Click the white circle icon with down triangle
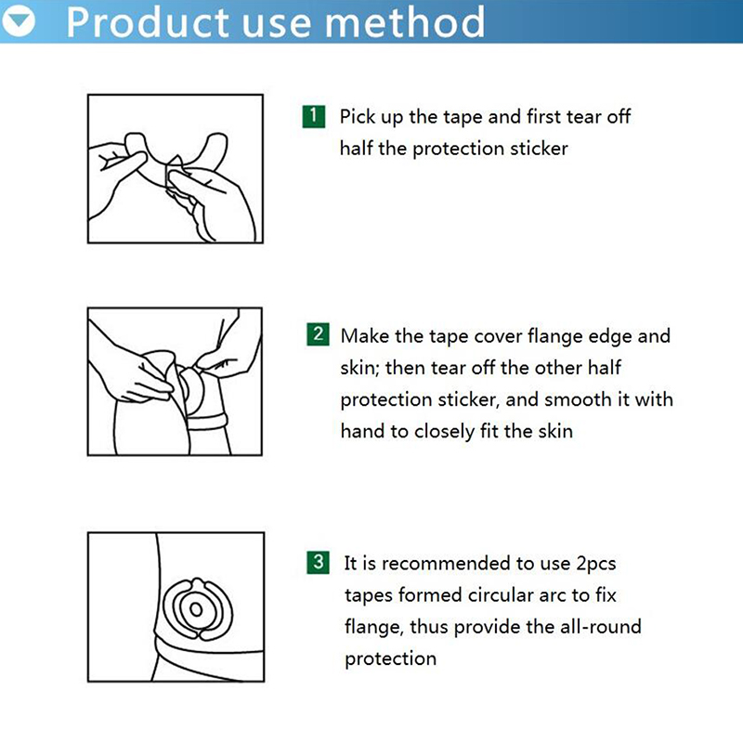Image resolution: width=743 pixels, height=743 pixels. point(19,20)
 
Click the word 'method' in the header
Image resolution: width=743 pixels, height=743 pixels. point(405,21)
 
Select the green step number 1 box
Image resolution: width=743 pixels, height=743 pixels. point(313,117)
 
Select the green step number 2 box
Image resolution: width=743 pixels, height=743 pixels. point(318,334)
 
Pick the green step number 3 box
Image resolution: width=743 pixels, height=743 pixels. point(318,562)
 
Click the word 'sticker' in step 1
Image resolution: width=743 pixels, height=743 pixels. point(539,149)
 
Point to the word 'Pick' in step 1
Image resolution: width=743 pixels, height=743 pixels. point(357,117)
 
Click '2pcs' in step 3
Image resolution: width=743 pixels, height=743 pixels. point(595,564)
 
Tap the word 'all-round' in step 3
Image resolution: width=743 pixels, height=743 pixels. point(600,626)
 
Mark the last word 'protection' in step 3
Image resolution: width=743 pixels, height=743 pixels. point(390,659)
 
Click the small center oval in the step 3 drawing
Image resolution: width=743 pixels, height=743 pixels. point(196,609)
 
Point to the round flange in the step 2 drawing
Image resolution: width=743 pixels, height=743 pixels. point(192,390)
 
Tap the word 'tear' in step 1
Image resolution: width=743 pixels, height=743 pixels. point(584,117)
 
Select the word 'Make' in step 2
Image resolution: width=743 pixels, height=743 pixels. point(364,336)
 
